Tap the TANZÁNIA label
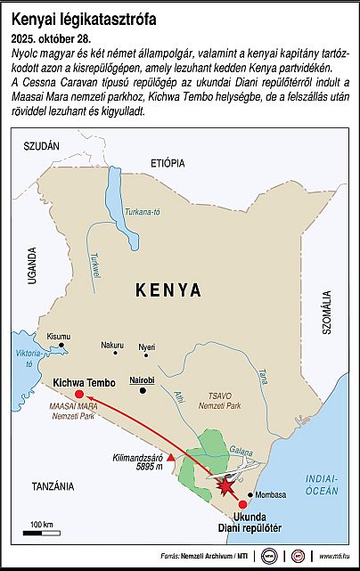click(x=52, y=485)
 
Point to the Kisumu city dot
click(x=61, y=346)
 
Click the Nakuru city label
click(x=111, y=345)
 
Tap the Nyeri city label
click(x=146, y=346)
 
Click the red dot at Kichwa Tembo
click(x=79, y=394)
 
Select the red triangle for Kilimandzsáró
click(x=171, y=458)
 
